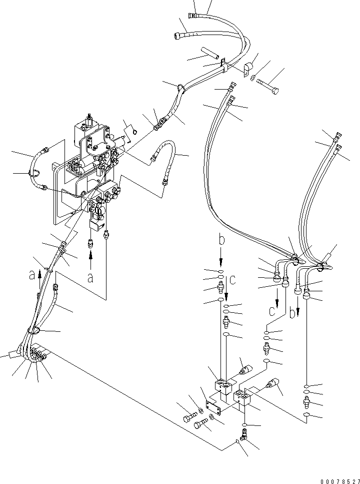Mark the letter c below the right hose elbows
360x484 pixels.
[x=270, y=312]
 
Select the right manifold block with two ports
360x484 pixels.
[x=244, y=398]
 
